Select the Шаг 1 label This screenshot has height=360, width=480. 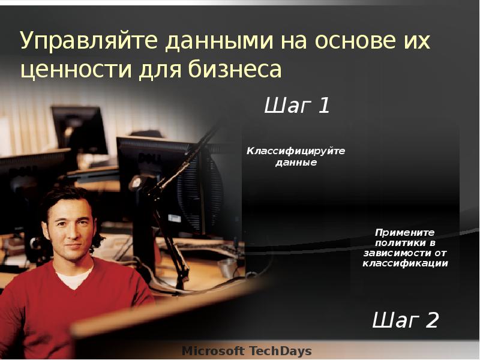297,106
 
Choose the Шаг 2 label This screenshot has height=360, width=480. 406,320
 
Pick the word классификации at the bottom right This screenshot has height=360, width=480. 405,263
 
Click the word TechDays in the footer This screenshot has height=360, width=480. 281,350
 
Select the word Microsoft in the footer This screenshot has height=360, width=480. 213,350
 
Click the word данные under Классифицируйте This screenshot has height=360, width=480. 296,162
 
